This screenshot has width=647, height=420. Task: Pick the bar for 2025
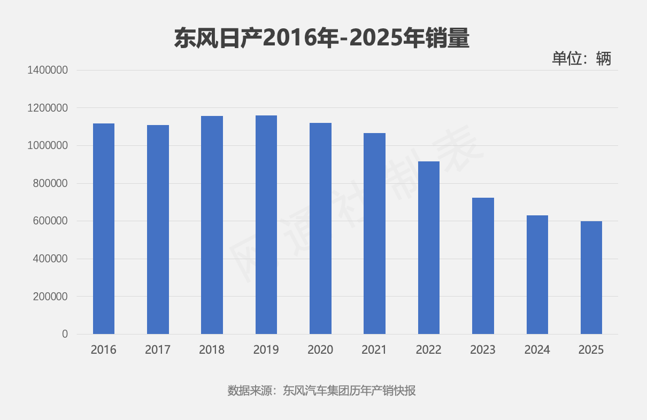coord(591,277)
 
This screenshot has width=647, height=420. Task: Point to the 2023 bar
coord(483,266)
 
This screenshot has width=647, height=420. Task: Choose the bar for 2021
coord(374,234)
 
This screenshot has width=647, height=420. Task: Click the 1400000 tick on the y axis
coord(47,71)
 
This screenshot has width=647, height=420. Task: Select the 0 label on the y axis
coord(65,334)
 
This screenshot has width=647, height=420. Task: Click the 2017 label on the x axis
coord(158,350)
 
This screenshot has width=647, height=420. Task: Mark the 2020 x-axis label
coord(320,350)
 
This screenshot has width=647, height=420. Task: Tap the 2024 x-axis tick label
coord(537,350)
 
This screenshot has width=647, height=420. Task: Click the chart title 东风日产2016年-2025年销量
coord(322,38)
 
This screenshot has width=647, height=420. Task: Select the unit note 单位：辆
coord(581,58)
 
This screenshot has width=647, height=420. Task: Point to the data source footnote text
coord(322,391)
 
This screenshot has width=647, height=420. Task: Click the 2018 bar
coord(212,225)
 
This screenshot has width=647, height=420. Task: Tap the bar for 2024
coord(537,275)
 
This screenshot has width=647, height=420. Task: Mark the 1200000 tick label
coord(47,108)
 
